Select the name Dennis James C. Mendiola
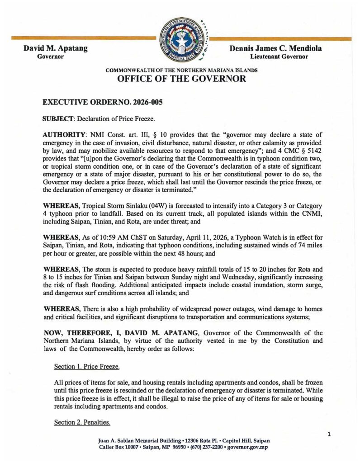point(279,49)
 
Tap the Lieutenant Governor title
point(279,57)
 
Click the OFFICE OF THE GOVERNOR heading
point(181,79)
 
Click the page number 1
point(329,435)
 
